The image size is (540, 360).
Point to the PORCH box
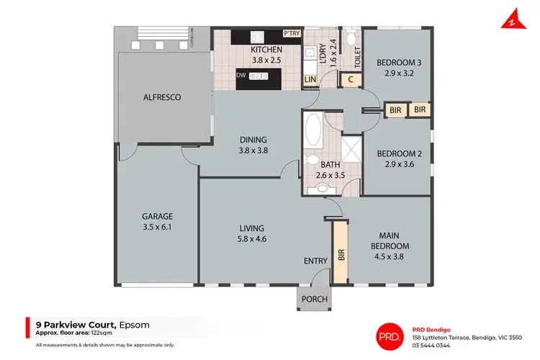[314, 299]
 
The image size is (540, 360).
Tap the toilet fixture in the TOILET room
[349, 38]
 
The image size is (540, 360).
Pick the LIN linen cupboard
[310, 79]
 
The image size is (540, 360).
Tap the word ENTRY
[315, 261]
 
